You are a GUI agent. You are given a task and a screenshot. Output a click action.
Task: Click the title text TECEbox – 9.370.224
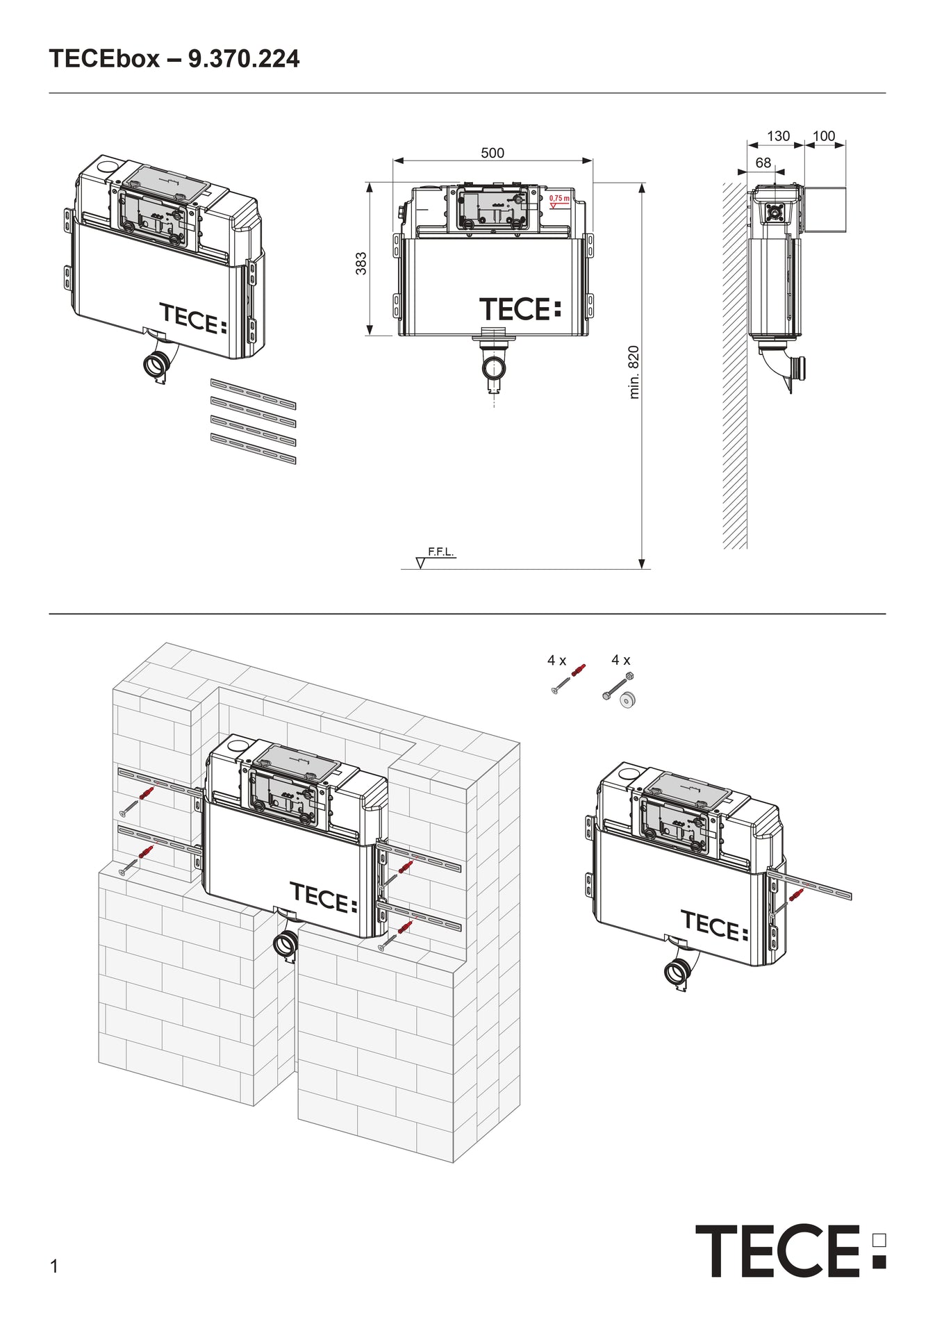(x=174, y=59)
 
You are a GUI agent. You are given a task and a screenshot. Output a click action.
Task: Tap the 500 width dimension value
(x=492, y=153)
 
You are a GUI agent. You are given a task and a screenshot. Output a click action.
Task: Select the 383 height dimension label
(x=361, y=263)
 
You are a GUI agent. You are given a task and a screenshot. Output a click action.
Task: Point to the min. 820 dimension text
(x=634, y=372)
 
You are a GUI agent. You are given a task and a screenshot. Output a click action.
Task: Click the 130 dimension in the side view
(x=778, y=136)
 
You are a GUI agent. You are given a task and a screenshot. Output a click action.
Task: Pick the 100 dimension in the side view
(x=824, y=136)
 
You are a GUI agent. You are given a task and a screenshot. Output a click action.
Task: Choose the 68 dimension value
(x=763, y=163)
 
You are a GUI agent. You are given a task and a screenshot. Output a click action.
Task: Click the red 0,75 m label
(x=558, y=199)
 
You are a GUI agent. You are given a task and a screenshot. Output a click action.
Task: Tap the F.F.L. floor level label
(x=440, y=552)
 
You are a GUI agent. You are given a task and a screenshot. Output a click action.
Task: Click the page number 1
(x=54, y=1266)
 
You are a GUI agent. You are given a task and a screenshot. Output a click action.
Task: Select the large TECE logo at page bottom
(x=791, y=1250)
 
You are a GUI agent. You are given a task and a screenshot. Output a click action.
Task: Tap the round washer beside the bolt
(x=629, y=700)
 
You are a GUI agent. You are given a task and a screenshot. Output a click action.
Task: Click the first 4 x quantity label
(x=556, y=661)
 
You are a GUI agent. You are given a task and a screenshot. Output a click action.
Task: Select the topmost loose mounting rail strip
(x=253, y=394)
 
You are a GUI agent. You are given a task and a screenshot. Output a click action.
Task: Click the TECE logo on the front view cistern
(x=520, y=309)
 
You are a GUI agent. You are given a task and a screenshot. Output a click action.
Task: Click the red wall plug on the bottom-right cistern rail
(x=796, y=894)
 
